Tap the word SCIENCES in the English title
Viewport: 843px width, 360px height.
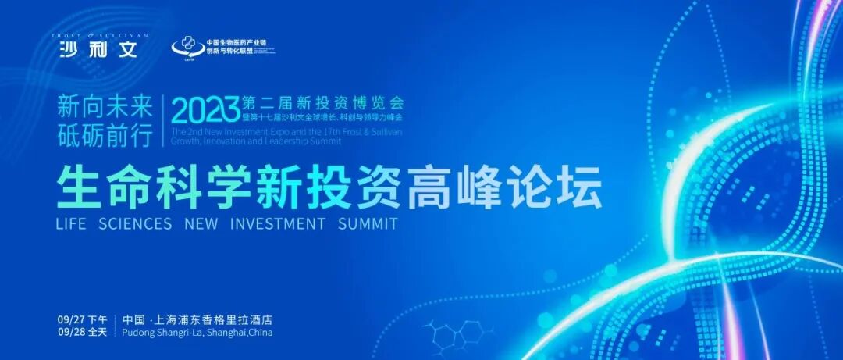(135, 223)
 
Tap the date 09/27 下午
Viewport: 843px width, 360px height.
(82, 320)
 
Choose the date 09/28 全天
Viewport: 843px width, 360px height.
(82, 333)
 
